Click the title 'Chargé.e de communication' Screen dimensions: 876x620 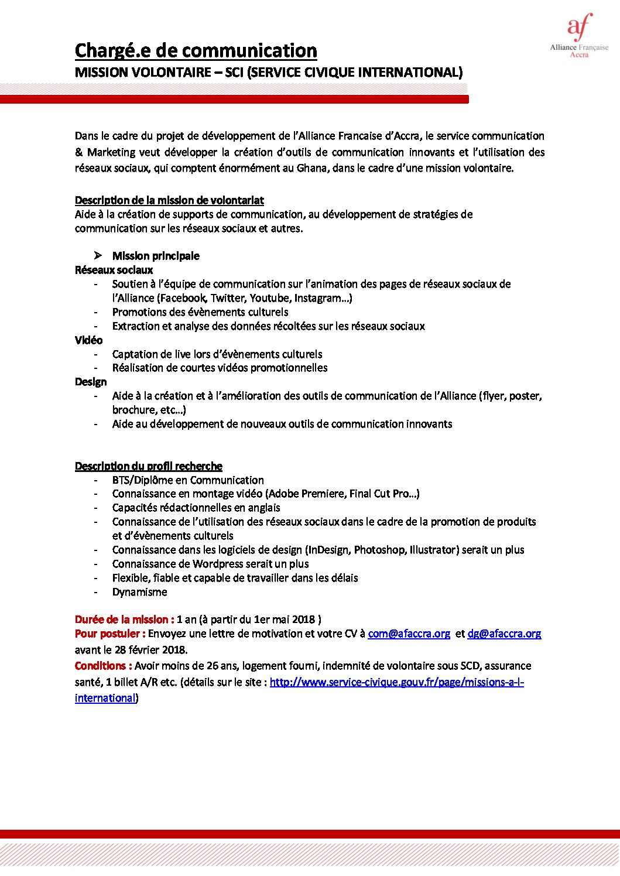pos(196,51)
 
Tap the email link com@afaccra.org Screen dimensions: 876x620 pos(409,634)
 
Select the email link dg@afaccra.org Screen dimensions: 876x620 pos(504,634)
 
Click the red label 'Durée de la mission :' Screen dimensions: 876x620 pos(124,620)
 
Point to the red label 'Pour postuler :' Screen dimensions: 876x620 pos(109,634)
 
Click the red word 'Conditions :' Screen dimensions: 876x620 pos(103,666)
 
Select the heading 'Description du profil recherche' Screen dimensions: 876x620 pos(148,466)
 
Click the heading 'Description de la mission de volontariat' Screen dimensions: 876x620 pos(169,200)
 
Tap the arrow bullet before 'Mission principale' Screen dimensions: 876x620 pos(98,256)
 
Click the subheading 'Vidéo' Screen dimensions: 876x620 pos(88,340)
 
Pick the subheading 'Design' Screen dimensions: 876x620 pos(91,382)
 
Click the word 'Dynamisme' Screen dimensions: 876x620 pos(139,592)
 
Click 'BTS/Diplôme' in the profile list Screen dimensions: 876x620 pos(142,480)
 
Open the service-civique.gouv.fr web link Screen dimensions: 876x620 pos(396,682)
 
